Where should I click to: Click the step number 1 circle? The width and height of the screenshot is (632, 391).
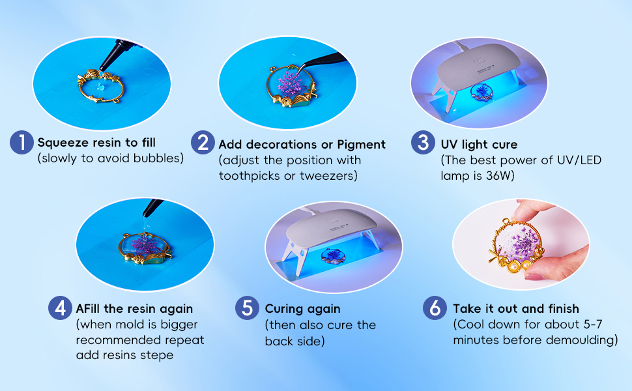tap(22, 143)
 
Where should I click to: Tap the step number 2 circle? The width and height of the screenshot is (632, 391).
tap(203, 143)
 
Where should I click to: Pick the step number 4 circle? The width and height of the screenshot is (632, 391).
tap(61, 308)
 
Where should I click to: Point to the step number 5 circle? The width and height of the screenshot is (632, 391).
tap(248, 308)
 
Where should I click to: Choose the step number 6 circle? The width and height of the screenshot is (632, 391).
tap(435, 308)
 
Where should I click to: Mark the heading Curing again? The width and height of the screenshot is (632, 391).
tap(302, 308)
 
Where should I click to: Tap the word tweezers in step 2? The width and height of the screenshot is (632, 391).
tap(331, 175)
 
